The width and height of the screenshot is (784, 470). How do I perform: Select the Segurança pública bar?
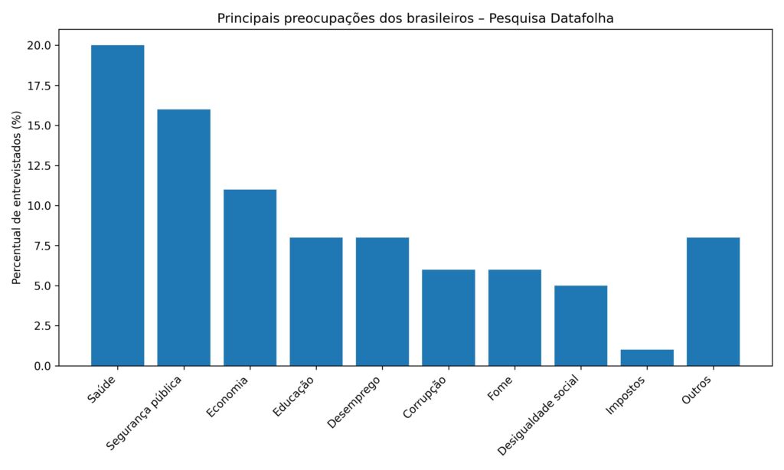pyautogui.click(x=184, y=237)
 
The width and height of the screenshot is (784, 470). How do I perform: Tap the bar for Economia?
pyautogui.click(x=250, y=277)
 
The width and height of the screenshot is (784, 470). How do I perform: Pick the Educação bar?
pyautogui.click(x=316, y=302)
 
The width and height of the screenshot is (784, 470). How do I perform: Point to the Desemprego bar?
pyautogui.click(x=382, y=302)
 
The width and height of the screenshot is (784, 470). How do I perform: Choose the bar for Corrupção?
pyautogui.click(x=449, y=318)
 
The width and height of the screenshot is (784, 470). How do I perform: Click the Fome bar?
pyautogui.click(x=514, y=318)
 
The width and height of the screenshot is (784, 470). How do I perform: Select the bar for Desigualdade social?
pyautogui.click(x=581, y=325)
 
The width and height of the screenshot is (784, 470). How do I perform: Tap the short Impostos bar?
pyautogui.click(x=647, y=358)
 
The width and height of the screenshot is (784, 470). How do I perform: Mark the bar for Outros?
pyautogui.click(x=714, y=302)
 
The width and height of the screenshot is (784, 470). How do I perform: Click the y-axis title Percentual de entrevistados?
pyautogui.click(x=17, y=197)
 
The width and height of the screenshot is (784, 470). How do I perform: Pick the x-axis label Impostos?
pyautogui.click(x=626, y=395)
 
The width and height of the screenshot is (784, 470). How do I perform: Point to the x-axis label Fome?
pyautogui.click(x=500, y=389)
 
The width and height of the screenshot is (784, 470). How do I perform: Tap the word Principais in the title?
pyautogui.click(x=247, y=18)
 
